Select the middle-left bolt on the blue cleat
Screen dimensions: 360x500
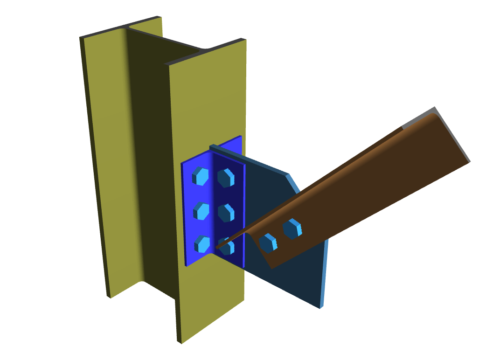click(x=201, y=211)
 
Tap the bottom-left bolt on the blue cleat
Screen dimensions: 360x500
click(x=202, y=244)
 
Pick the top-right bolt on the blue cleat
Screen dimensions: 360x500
click(x=226, y=178)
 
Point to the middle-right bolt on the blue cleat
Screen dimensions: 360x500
click(x=226, y=213)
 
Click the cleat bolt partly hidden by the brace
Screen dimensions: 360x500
click(x=228, y=247)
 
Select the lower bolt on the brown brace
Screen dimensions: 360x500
click(x=268, y=243)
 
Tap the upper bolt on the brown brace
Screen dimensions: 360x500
click(x=292, y=228)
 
